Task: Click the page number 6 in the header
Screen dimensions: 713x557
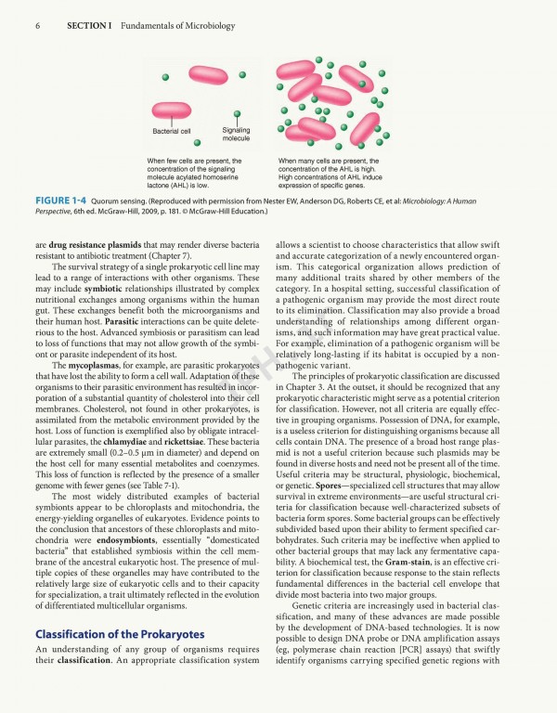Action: [x=37, y=25]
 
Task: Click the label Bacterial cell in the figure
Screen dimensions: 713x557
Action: [x=172, y=132]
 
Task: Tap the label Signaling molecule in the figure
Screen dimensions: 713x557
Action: [x=236, y=135]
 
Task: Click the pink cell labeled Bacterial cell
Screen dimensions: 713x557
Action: [x=171, y=110]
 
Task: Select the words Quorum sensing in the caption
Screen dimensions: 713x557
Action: [x=123, y=201]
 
